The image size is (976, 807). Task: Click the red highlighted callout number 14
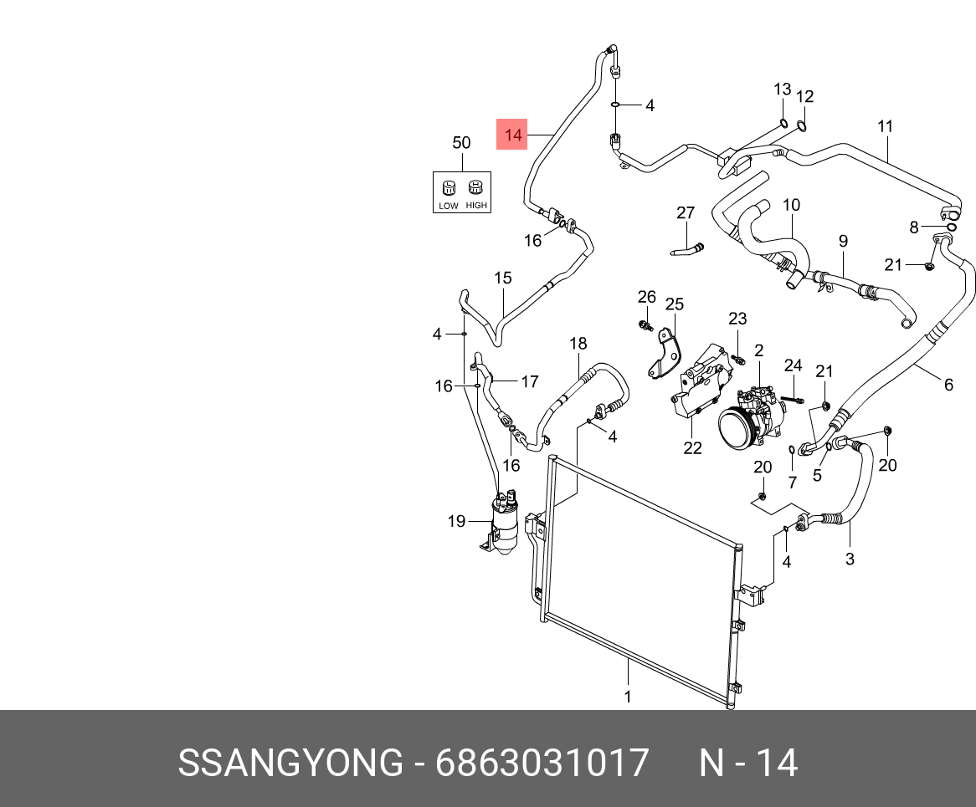point(512,135)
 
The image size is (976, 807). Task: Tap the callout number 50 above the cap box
point(461,143)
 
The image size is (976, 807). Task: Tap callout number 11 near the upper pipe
point(886,127)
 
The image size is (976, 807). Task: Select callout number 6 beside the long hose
point(948,385)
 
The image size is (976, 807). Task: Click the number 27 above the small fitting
point(686,213)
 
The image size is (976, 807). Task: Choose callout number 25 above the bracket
point(675,304)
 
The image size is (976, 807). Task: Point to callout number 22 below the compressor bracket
point(692,448)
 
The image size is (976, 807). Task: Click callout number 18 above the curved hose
point(578,344)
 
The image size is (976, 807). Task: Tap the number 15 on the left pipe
point(502,278)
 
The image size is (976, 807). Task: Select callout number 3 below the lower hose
point(850,559)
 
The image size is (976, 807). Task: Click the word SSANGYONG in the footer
point(290,763)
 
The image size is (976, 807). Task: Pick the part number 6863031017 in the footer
point(542,763)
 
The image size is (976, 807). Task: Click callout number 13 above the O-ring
point(782,89)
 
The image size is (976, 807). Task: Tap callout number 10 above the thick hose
point(791,205)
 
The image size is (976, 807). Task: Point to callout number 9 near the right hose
point(844,241)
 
